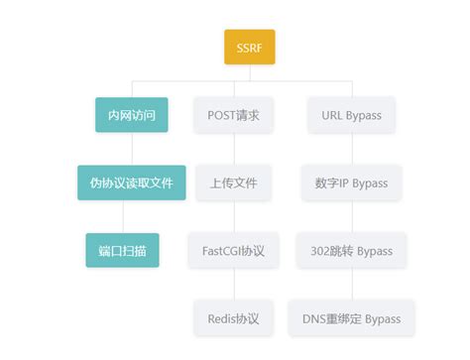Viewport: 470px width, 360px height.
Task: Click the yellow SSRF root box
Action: (x=248, y=47)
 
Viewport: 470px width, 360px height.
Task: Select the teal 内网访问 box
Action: (x=131, y=115)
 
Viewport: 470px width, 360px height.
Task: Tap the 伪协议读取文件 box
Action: (x=131, y=182)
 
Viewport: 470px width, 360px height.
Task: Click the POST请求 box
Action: (x=234, y=115)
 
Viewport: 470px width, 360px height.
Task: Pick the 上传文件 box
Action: (x=234, y=182)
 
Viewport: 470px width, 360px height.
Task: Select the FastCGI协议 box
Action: (x=234, y=250)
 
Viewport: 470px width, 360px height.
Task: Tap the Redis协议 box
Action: (x=234, y=318)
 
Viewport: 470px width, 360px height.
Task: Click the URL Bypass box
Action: (x=351, y=115)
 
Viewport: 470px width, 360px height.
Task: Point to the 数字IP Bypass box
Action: (x=351, y=182)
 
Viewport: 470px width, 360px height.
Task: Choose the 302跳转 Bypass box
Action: (x=351, y=250)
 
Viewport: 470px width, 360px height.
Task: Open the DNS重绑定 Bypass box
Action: (x=351, y=318)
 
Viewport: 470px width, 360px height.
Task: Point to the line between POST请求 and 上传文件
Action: (x=234, y=149)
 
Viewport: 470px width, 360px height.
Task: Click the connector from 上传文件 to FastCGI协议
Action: (x=234, y=216)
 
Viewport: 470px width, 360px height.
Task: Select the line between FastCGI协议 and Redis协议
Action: (x=234, y=285)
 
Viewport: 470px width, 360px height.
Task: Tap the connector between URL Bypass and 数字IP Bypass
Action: (x=351, y=149)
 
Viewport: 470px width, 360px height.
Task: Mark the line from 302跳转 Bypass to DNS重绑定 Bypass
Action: (x=351, y=285)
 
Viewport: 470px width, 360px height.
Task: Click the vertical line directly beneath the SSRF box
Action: (x=248, y=72)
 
